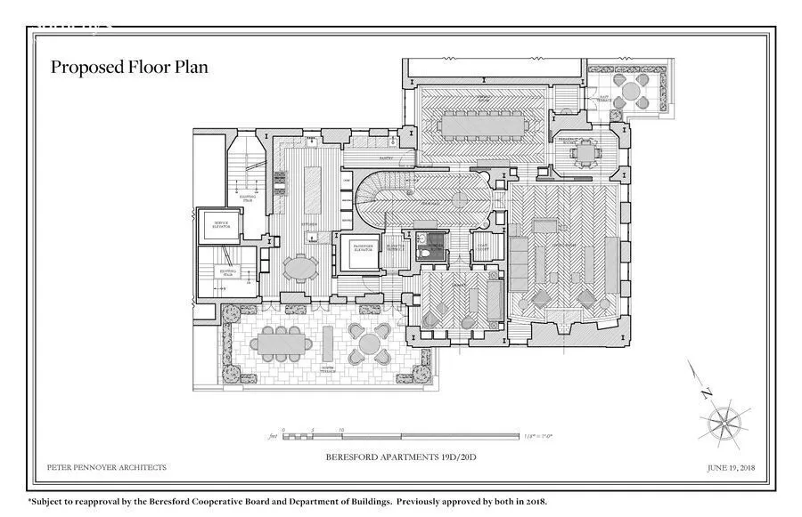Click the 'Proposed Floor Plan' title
129,68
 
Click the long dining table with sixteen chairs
481,126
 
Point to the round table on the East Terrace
635,89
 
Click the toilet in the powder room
426,253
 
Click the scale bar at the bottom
401,436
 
